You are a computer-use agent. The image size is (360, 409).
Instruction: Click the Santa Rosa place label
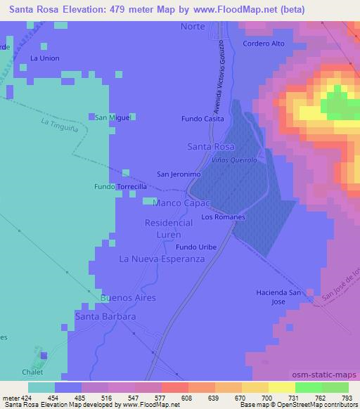[211, 146]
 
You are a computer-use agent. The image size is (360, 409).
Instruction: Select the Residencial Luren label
[168, 228]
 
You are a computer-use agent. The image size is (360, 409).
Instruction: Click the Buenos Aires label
[128, 298]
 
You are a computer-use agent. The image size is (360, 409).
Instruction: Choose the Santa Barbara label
[105, 317]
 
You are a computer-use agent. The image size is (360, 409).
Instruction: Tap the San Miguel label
[113, 117]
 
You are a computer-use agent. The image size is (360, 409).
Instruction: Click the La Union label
[45, 58]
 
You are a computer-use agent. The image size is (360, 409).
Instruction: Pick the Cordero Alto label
[263, 44]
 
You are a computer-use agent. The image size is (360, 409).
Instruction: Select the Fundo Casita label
[202, 119]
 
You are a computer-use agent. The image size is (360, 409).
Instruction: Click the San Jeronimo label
[179, 174]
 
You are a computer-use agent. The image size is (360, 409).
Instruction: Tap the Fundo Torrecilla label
[121, 187]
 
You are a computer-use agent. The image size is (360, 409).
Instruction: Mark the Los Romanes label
[223, 217]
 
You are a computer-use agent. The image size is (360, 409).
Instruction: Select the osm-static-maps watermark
[331, 372]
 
